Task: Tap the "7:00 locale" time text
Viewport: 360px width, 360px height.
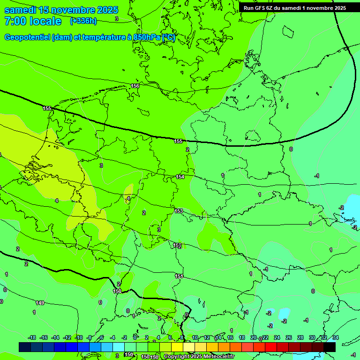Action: [32, 21]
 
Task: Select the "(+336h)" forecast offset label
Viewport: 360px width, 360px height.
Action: [83, 21]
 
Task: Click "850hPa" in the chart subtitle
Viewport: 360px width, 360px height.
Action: [147, 37]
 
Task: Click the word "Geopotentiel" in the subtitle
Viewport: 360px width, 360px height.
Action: [27, 37]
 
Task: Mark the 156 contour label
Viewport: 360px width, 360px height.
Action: [135, 86]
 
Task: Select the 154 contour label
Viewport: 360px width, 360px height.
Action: [180, 177]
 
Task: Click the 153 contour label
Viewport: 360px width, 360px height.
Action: [179, 211]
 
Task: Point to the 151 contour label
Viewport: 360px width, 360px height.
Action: [179, 276]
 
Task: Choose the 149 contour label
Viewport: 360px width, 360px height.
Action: [40, 303]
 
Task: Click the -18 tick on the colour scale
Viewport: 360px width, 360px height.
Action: [32, 337]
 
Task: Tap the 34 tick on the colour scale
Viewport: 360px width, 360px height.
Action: [335, 337]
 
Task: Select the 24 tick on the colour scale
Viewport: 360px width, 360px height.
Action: [277, 337]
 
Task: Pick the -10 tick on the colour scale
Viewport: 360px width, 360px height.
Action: [79, 337]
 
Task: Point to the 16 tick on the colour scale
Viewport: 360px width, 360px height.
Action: [230, 337]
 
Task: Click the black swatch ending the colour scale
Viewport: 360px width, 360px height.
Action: [330, 347]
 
